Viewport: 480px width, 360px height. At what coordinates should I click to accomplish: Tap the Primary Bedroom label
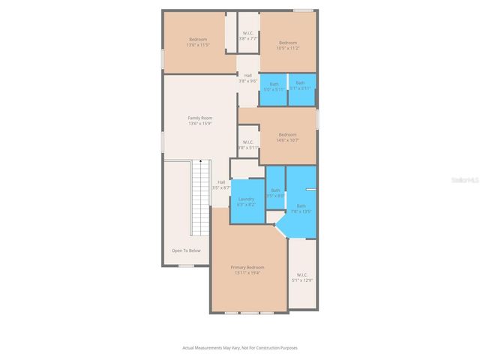(247, 268)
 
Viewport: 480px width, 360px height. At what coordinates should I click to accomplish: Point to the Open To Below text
(186, 250)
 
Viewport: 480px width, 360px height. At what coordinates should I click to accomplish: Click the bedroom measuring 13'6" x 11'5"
(198, 42)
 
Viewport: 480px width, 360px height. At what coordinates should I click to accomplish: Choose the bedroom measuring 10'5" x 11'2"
(288, 45)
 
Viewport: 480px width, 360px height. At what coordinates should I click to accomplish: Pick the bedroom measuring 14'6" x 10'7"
(288, 136)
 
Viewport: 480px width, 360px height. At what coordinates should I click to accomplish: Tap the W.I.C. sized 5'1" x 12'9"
(302, 277)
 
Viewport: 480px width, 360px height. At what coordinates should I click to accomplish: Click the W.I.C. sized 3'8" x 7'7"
(248, 35)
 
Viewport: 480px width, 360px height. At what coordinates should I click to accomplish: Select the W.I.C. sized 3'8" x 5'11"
(248, 144)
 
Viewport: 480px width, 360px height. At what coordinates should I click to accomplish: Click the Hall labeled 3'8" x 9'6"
(248, 78)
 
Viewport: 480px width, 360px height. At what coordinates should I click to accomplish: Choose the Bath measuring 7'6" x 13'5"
(301, 208)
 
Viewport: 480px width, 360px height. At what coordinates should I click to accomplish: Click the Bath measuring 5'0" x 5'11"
(274, 86)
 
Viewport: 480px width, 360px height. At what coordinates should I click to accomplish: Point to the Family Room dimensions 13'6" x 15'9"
(200, 123)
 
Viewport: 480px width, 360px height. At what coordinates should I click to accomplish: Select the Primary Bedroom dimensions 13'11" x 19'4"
(247, 273)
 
